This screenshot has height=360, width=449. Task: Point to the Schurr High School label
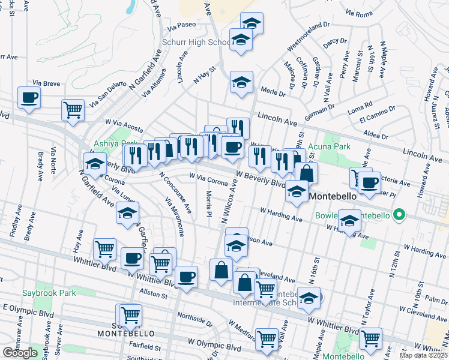point(195,43)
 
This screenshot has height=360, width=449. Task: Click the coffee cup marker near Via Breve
point(29,97)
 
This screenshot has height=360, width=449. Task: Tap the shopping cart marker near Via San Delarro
point(73,110)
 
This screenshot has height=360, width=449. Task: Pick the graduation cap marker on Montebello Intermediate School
point(309,298)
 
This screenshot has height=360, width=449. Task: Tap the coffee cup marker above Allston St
point(186,277)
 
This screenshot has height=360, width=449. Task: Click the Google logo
point(20,353)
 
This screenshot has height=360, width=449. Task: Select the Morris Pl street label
point(208,204)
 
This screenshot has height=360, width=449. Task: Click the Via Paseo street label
point(182,26)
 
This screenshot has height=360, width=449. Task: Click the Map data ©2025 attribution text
point(424,355)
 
